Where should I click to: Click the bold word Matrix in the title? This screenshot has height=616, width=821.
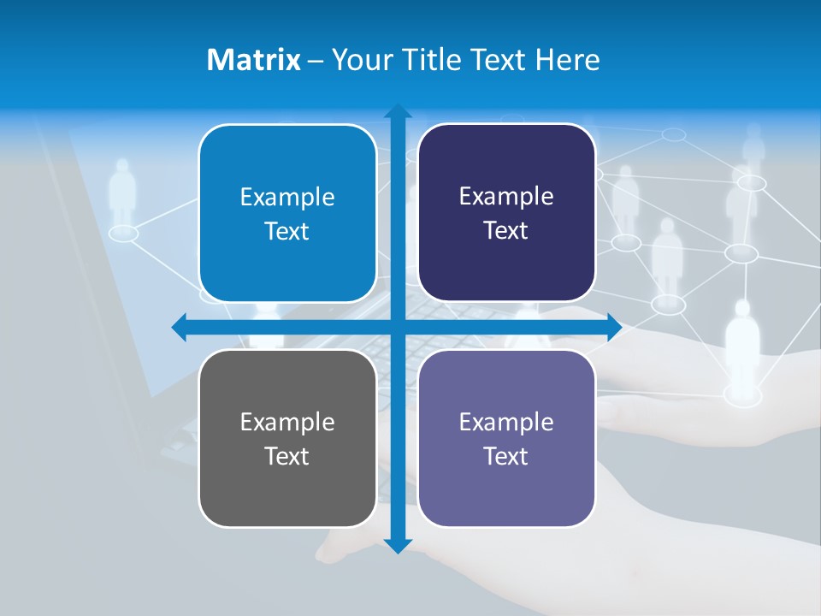click(x=254, y=60)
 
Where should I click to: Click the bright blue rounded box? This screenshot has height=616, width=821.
click(x=287, y=213)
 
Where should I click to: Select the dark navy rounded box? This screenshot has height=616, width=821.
click(x=506, y=212)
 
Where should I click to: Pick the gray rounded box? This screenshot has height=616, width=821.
click(x=287, y=438)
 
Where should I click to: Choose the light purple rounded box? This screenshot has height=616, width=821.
click(x=506, y=438)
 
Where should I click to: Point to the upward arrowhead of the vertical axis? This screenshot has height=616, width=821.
click(x=398, y=112)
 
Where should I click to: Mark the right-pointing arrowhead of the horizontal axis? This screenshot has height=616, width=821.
click(x=614, y=327)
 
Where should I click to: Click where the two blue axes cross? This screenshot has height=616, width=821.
click(x=398, y=327)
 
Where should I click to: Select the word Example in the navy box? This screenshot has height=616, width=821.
click(x=506, y=196)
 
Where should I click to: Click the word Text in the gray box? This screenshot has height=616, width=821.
click(x=287, y=456)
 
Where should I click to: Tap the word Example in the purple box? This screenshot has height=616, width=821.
click(x=506, y=422)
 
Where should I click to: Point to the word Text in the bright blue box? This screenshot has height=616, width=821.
click(x=287, y=231)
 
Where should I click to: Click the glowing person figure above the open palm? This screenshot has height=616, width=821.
click(x=742, y=346)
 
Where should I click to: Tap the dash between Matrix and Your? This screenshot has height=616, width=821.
click(x=316, y=60)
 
